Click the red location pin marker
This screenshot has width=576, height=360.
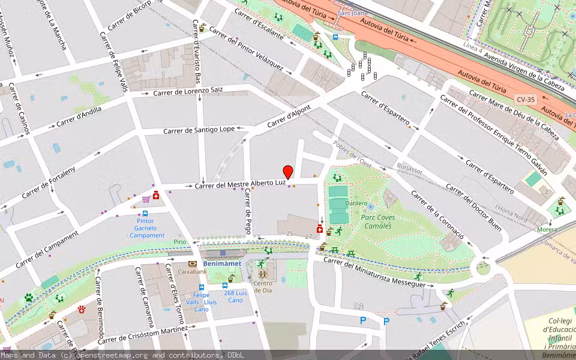pos(288,172)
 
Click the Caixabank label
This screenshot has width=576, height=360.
pos(192,272)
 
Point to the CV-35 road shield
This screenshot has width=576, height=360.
pos(524,99)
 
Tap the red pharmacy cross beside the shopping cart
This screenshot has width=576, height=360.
pos(157,195)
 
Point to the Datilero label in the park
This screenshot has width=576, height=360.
pos(356,203)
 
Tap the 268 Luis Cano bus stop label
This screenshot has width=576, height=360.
pos(236,296)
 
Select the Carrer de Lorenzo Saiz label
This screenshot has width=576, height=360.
pos(188,91)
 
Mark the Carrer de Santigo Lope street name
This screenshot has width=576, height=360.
pos(199,130)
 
